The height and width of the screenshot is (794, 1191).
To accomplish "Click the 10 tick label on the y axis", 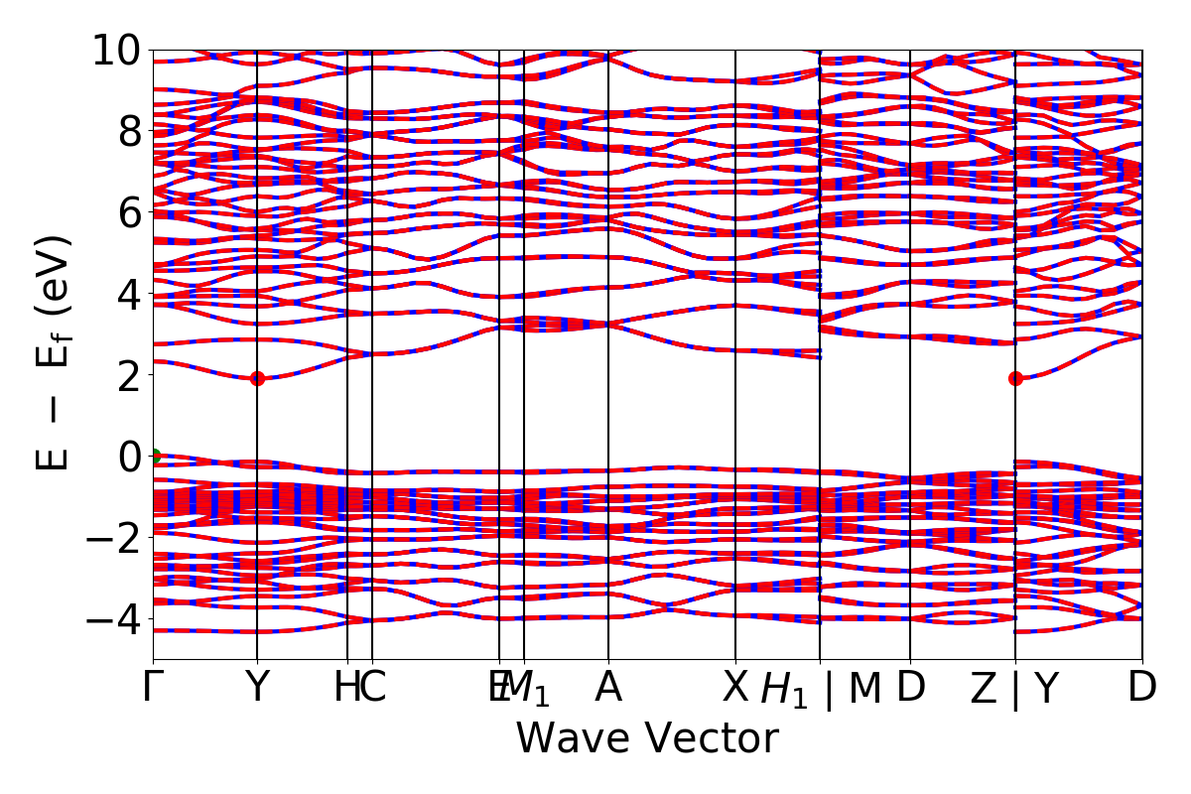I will pos(117,50).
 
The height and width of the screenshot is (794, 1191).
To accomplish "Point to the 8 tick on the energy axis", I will pos(129,131).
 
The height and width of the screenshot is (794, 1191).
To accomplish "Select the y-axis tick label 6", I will pos(129,212).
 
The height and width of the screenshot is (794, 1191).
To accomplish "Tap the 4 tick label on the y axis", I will pos(129,294).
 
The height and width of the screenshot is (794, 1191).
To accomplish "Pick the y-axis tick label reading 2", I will pos(129,375).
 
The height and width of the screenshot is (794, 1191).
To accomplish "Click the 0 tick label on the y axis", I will pos(129,457).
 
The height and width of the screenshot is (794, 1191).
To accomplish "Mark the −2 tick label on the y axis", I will pos(117,538).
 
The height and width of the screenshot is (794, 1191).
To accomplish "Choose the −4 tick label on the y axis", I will pos(117,619).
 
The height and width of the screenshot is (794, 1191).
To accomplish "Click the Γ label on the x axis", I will pos(153,688).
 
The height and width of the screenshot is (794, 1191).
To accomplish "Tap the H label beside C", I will pos(345,688).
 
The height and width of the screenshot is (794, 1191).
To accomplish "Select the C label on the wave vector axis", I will pos(372,688).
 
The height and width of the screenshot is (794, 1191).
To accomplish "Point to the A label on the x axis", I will pos(607,688).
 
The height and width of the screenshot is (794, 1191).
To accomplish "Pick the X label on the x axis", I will pos(734,688).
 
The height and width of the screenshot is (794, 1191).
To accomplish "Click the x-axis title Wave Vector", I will pos(647,739).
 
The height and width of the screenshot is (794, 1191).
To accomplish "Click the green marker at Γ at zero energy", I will pos(154,457).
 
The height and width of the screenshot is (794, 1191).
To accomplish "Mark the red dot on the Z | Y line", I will pos(1015,378).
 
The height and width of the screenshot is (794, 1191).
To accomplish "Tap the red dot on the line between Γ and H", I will pos(257,378).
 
